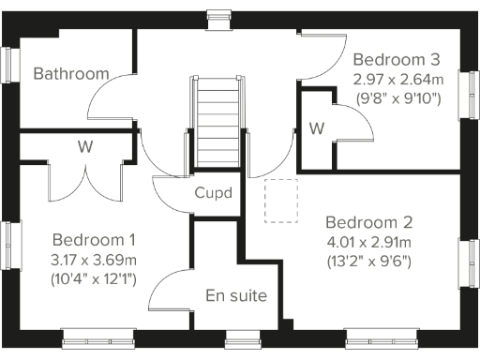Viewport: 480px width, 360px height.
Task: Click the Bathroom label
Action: (x=71, y=73)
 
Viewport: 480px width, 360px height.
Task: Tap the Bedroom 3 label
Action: (x=396, y=56)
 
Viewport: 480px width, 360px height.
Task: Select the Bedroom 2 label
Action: (x=368, y=223)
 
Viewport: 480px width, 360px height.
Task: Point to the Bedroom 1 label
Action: (x=94, y=239)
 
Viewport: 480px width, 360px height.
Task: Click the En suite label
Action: (x=236, y=296)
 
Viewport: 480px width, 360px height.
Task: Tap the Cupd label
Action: (x=214, y=193)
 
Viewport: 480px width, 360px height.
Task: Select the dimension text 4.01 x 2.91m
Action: (x=368, y=243)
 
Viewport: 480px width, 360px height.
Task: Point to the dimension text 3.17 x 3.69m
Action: (x=94, y=259)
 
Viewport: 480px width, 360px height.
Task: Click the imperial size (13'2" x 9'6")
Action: (x=368, y=262)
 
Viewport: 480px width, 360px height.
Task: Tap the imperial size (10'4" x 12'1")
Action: (x=94, y=278)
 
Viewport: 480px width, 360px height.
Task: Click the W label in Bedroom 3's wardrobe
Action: (x=316, y=127)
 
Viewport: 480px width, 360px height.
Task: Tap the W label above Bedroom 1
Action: (x=84, y=145)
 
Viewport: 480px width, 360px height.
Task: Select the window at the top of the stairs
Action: (x=218, y=13)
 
